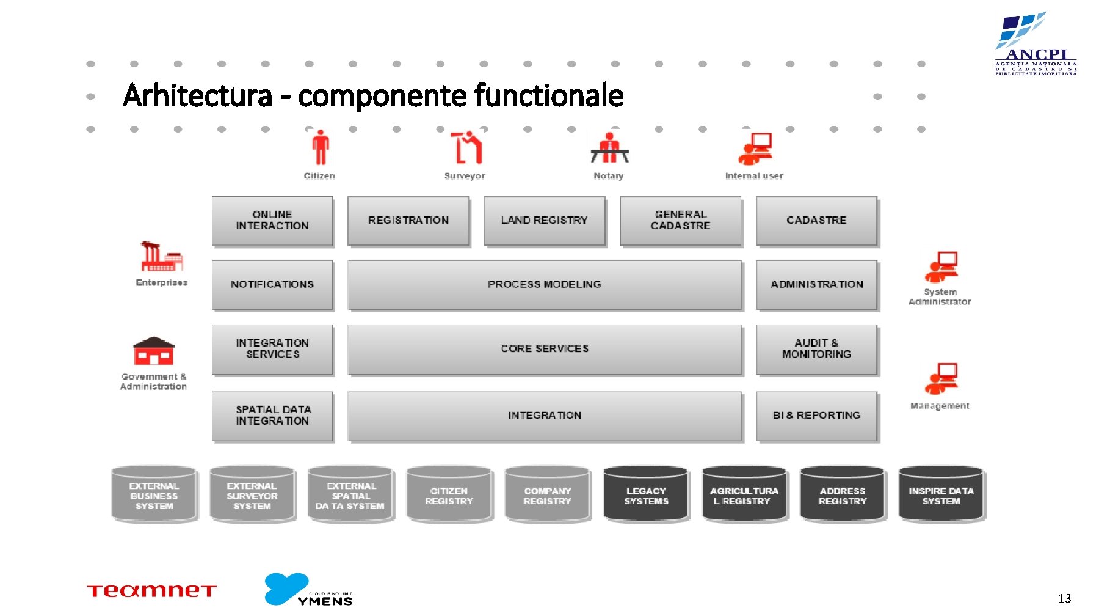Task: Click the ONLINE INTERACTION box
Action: pos(272,221)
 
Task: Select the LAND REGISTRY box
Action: pos(544,221)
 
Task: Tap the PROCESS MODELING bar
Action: pos(545,285)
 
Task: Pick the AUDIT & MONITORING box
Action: pos(816,349)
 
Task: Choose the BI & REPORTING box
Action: pos(816,416)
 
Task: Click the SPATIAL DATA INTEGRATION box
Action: pos(272,416)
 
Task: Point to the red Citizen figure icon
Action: pos(320,148)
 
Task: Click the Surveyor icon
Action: pos(466,148)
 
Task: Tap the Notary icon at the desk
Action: pos(609,148)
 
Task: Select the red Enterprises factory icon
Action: pos(161,257)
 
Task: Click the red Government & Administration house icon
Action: pos(154,351)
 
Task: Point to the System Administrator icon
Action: pos(941,267)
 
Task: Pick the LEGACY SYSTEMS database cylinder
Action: pos(646,495)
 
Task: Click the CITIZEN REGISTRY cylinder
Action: pos(449,495)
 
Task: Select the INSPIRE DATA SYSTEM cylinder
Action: pos(941,495)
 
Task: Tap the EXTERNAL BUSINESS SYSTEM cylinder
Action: pos(154,495)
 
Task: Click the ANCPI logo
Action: pos(1036,44)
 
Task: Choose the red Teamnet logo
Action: pos(151,591)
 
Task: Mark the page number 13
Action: pos(1064,598)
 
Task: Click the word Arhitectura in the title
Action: pos(197,96)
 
